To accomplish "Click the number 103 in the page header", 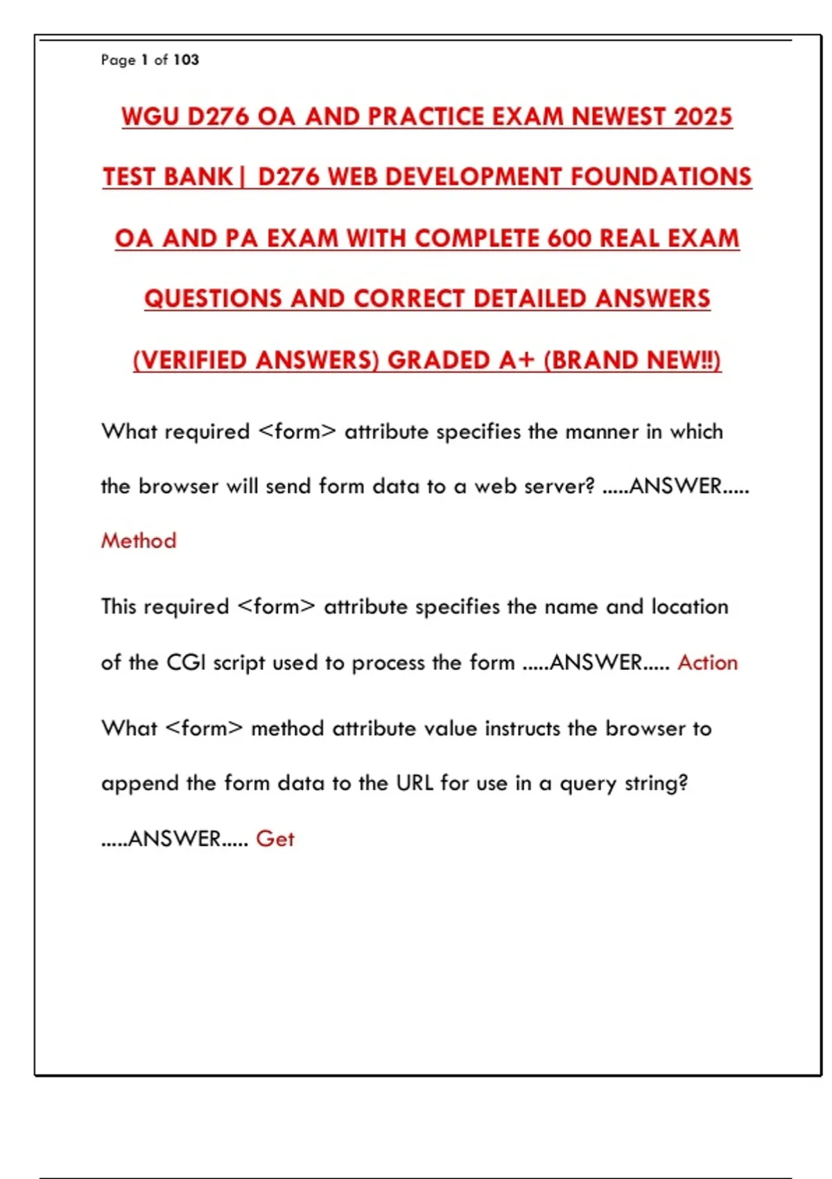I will (186, 60).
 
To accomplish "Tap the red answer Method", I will (139, 540).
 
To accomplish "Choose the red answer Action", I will (707, 662).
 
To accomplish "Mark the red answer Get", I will (275, 838).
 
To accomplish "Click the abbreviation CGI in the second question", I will (186, 662).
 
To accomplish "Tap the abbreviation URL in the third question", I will (415, 783).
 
